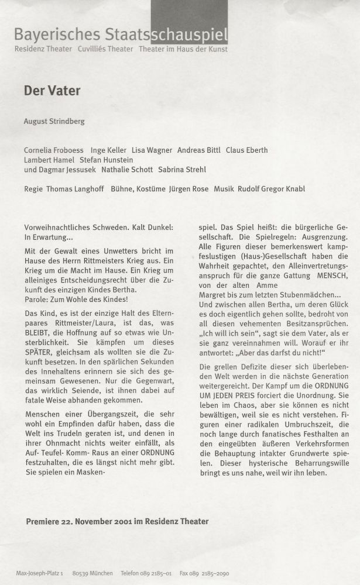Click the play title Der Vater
pyautogui.click(x=52, y=91)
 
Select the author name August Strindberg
pyautogui.click(x=54, y=121)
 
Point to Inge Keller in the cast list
pyautogui.click(x=108, y=150)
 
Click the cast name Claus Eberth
pyautogui.click(x=246, y=150)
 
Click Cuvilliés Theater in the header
pyautogui.click(x=105, y=49)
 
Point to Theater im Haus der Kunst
pyautogui.click(x=183, y=49)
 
